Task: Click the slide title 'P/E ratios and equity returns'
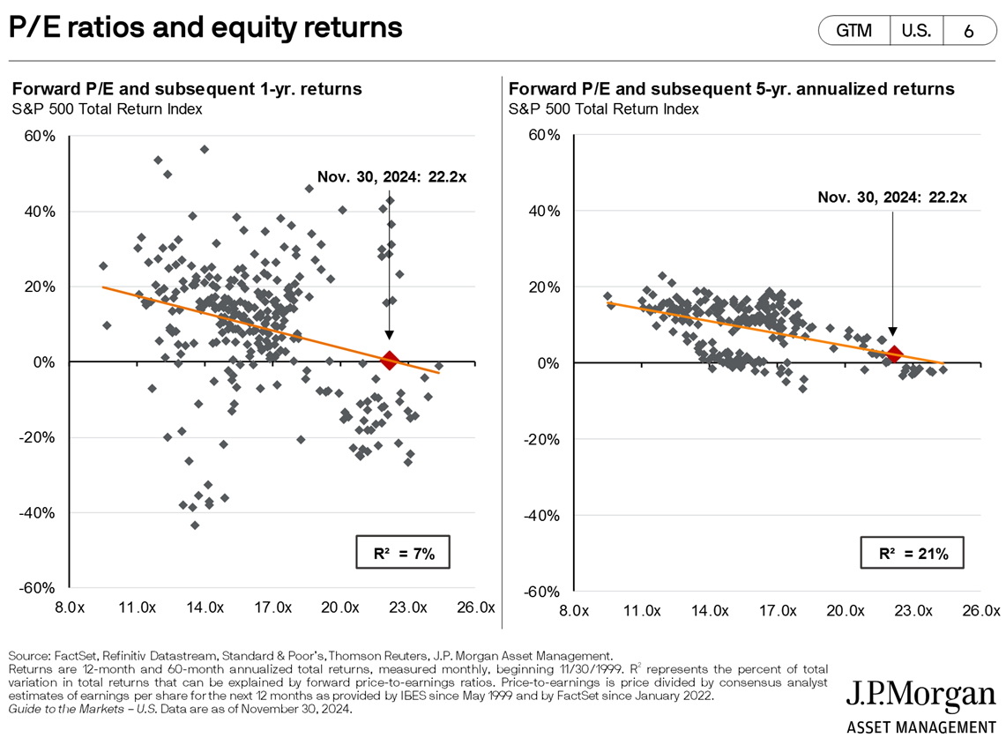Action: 205,28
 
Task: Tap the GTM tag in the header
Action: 853,31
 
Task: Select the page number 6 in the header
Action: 968,31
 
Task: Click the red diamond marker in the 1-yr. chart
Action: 390,360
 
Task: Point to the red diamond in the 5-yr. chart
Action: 894,354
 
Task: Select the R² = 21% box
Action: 912,554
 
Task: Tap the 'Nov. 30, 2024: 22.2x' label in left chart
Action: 391,176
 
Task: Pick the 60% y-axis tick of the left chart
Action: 41,136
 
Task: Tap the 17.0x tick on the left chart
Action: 272,607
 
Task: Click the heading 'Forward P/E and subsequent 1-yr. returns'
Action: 186,89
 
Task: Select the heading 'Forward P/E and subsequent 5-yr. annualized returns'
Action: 731,89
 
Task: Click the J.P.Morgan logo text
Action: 920,696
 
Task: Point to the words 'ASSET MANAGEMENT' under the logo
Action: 920,727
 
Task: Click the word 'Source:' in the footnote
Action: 29,655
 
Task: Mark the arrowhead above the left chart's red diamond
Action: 390,336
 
